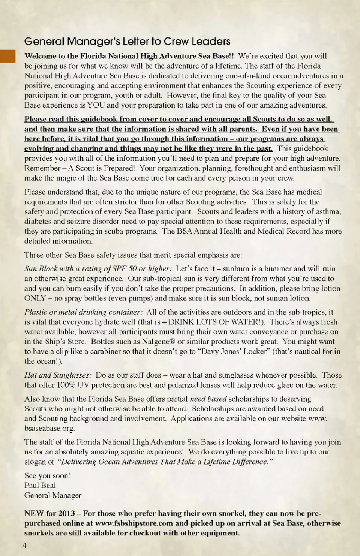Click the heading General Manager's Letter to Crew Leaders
coord(127,42)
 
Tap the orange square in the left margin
coord(7,56)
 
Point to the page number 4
coord(25,545)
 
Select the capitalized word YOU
coord(96,105)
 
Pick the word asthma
coord(328,212)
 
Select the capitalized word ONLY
coord(35,298)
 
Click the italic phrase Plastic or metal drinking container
coord(83,312)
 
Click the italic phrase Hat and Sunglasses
coord(58,375)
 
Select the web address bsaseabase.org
coord(49,429)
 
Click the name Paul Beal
coord(40,486)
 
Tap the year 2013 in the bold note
coord(66,514)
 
